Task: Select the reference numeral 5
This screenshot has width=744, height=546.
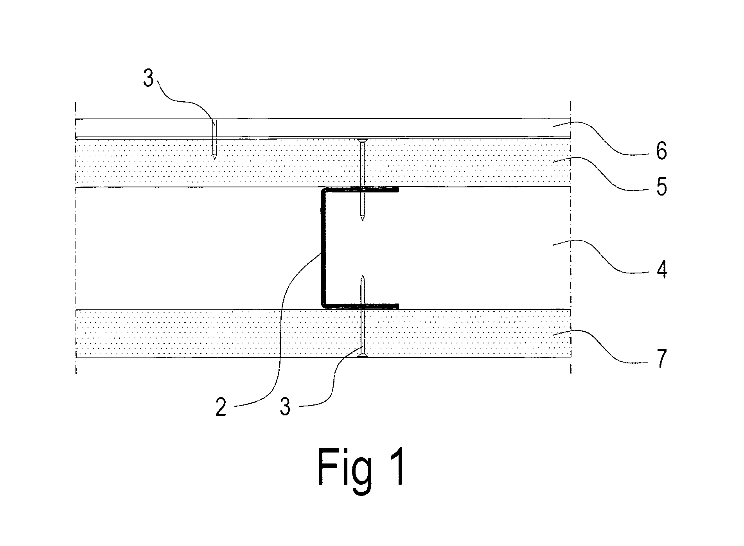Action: click(661, 187)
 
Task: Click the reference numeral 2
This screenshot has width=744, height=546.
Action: click(221, 407)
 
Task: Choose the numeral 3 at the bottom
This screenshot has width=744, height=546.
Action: click(285, 407)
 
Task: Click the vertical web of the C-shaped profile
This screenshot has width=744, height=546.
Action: click(323, 248)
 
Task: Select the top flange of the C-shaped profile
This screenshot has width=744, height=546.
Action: click(360, 190)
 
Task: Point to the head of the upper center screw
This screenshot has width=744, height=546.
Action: click(363, 140)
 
